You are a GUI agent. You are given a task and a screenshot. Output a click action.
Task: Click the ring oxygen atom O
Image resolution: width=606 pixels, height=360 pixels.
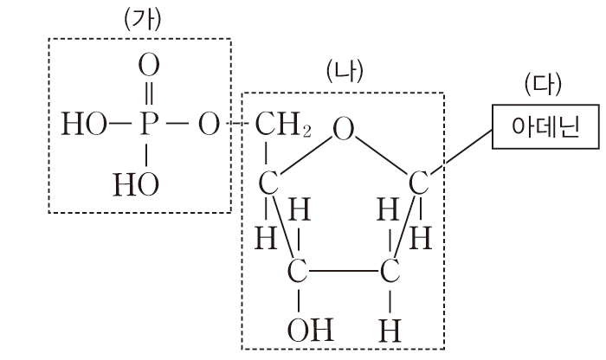(x=345, y=130)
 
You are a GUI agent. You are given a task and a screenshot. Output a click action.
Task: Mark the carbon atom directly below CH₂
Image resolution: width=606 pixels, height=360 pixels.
(x=268, y=184)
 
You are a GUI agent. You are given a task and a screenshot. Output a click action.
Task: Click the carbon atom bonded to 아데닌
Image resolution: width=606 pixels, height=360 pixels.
(x=418, y=183)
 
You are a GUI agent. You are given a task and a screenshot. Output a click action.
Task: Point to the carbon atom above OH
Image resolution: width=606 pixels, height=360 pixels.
(x=300, y=271)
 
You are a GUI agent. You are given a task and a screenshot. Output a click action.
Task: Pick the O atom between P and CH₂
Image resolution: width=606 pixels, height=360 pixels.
(x=208, y=125)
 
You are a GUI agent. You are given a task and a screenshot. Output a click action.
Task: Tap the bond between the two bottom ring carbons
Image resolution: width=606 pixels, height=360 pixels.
(x=345, y=271)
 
